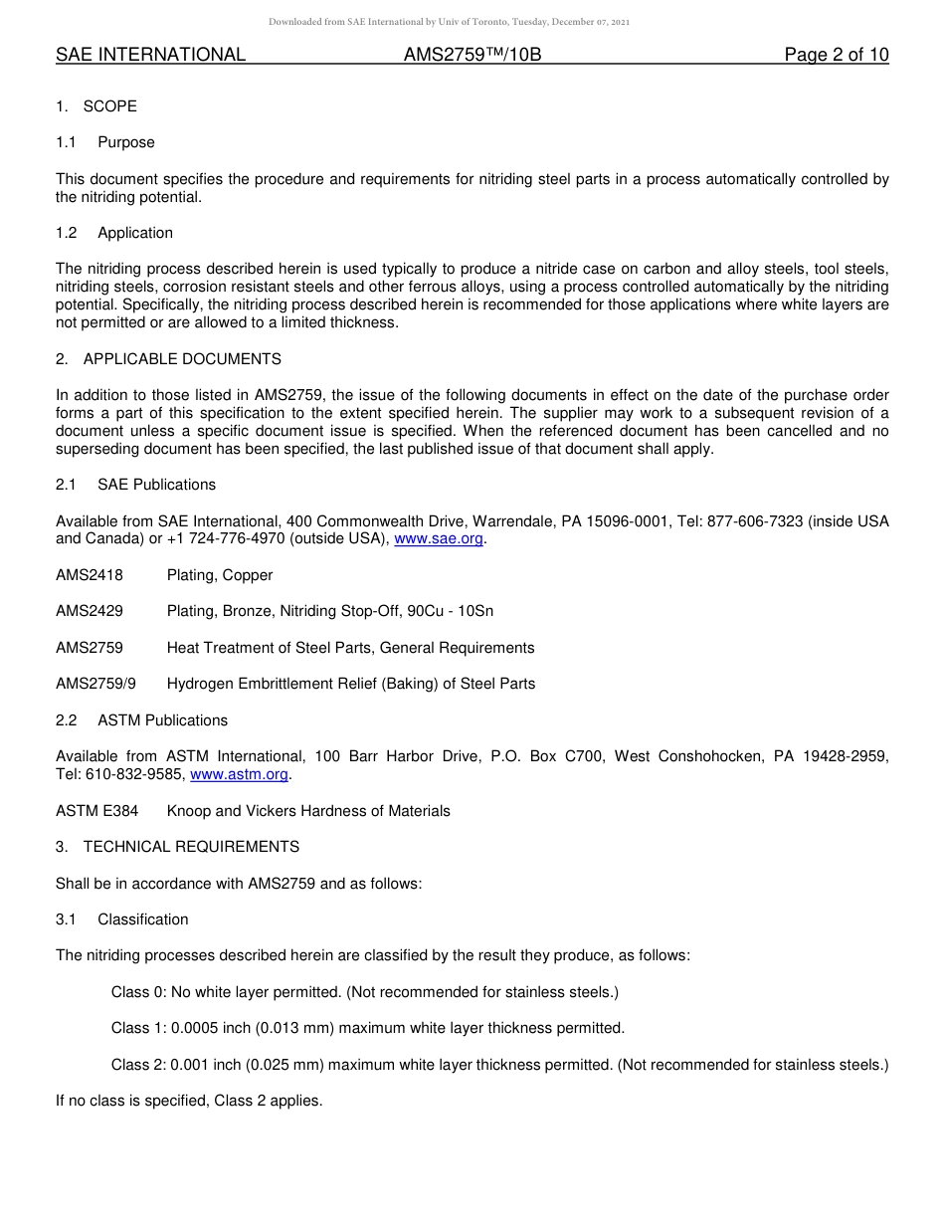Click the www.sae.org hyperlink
439,539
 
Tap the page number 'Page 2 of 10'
836,55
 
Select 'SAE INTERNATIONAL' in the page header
150,55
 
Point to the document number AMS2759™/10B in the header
472,55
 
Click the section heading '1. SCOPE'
96,106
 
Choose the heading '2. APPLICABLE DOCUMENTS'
168,359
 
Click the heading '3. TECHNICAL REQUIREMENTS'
177,847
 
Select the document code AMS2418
90,575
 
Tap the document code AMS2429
90,611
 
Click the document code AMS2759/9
95,684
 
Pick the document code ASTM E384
97,811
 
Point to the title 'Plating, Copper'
220,575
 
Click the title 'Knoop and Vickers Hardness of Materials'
308,811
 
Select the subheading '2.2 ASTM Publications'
142,720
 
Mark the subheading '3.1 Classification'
122,919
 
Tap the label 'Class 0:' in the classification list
138,992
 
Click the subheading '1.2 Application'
114,233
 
